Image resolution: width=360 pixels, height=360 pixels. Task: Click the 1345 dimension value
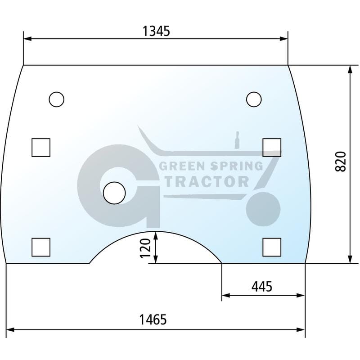click(x=156, y=31)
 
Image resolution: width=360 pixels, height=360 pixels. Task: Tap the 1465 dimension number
click(x=153, y=319)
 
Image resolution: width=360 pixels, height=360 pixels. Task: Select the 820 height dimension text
click(x=341, y=162)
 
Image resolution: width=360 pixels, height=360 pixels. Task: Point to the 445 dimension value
click(x=262, y=287)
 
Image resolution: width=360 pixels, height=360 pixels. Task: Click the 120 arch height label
click(x=145, y=248)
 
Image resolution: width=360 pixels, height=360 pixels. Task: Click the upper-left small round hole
click(x=57, y=99)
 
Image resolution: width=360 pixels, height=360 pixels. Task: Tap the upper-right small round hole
click(x=254, y=99)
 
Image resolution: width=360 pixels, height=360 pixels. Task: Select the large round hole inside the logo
click(x=114, y=193)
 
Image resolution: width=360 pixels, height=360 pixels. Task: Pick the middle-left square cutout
click(x=41, y=148)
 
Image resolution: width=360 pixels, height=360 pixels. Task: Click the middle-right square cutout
click(x=272, y=148)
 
